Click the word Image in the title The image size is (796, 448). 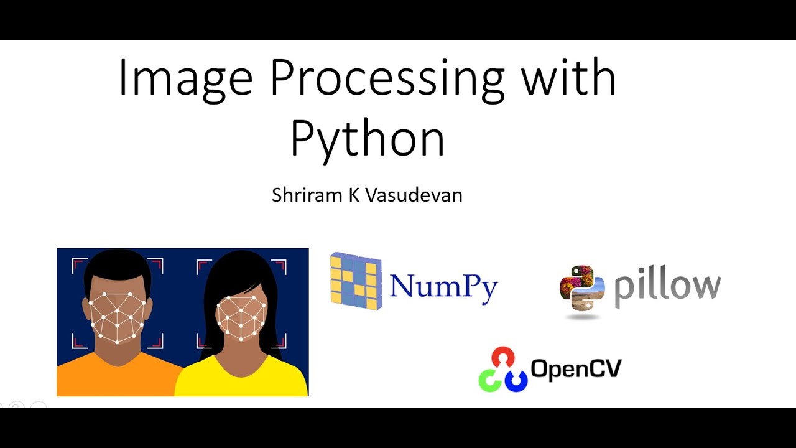point(185,78)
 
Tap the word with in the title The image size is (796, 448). point(568,78)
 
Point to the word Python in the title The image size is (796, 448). point(367,139)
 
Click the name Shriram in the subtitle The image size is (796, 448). point(307,195)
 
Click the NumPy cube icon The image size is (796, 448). point(355,281)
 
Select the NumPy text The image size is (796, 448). point(444,286)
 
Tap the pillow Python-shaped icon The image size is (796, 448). point(581,290)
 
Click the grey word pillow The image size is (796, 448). point(667,287)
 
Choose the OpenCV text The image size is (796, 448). point(576,368)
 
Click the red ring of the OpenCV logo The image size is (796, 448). point(502,358)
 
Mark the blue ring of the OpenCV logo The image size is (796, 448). point(516,380)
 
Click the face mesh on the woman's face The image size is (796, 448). point(241,317)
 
